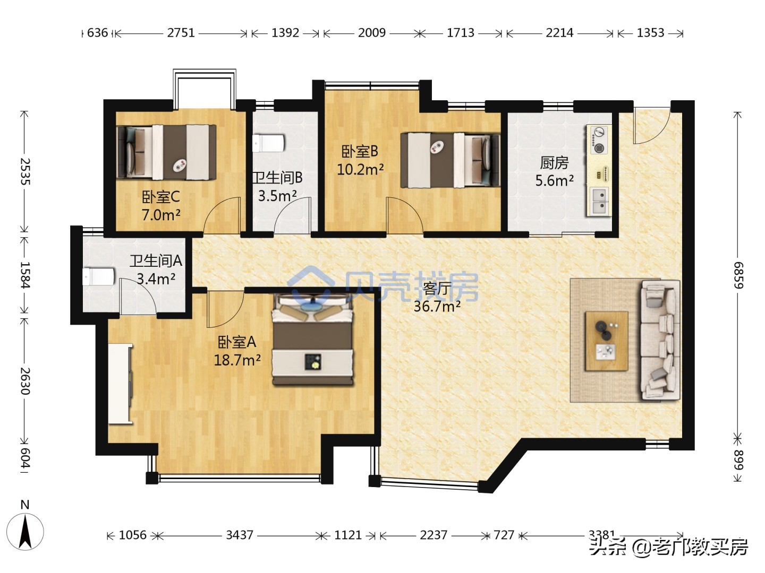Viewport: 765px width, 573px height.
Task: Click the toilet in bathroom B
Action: tap(268, 144)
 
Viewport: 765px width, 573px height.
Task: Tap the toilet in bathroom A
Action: tap(99, 276)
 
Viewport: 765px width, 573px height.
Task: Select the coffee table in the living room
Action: tap(607, 341)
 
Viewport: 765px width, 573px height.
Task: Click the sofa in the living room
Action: tap(660, 340)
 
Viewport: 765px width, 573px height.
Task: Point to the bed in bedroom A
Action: tap(312, 340)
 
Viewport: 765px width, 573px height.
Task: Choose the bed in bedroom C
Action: tap(166, 152)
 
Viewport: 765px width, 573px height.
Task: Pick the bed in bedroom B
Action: tap(450, 160)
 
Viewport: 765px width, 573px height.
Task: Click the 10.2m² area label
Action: tap(360, 169)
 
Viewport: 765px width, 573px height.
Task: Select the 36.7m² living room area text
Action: tap(437, 306)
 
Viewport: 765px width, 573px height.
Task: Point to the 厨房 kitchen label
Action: tap(554, 162)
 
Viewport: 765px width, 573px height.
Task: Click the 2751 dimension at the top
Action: tap(181, 33)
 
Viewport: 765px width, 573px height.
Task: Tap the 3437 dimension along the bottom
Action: tap(240, 535)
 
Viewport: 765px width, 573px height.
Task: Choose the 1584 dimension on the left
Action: tap(25, 274)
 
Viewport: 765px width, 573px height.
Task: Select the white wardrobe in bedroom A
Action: tap(120, 384)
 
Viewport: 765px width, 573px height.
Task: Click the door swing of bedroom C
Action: tap(222, 215)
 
